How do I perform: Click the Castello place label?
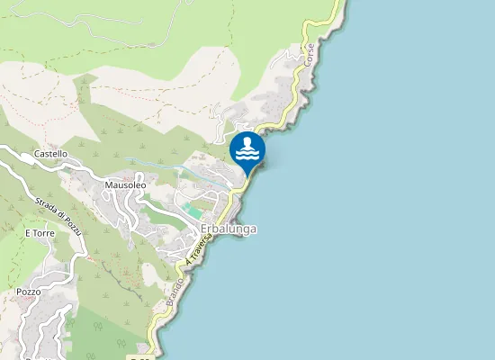click(50, 154)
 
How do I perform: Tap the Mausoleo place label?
click(125, 185)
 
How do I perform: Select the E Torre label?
click(40, 233)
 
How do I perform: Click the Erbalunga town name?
click(229, 229)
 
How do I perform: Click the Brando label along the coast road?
click(175, 293)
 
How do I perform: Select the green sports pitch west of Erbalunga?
click(191, 210)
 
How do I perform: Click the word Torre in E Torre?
click(44, 233)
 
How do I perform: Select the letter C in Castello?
click(36, 154)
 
